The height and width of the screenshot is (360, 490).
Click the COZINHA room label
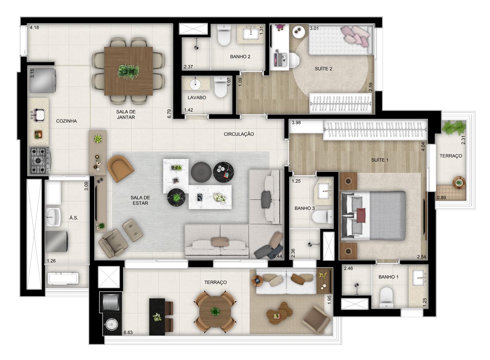[x=66, y=121]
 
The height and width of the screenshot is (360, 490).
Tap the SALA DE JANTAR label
[x=126, y=114]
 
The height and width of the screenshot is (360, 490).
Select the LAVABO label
[x=197, y=98]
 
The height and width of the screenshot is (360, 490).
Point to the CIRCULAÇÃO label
[x=239, y=134]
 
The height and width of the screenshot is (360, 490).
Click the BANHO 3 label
[x=305, y=208]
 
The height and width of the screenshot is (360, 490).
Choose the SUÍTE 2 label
[x=323, y=69]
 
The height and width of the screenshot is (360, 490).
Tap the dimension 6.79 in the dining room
[x=169, y=114]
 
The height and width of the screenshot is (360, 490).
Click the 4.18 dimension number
[x=34, y=28]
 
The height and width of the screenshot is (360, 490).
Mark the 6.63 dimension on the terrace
[x=128, y=332]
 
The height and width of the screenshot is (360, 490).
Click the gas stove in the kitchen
[x=40, y=161]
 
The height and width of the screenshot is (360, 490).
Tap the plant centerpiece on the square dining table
[x=128, y=72]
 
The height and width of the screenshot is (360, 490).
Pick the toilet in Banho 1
[x=386, y=297]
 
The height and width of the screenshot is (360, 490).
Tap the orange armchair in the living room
[x=120, y=168]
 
